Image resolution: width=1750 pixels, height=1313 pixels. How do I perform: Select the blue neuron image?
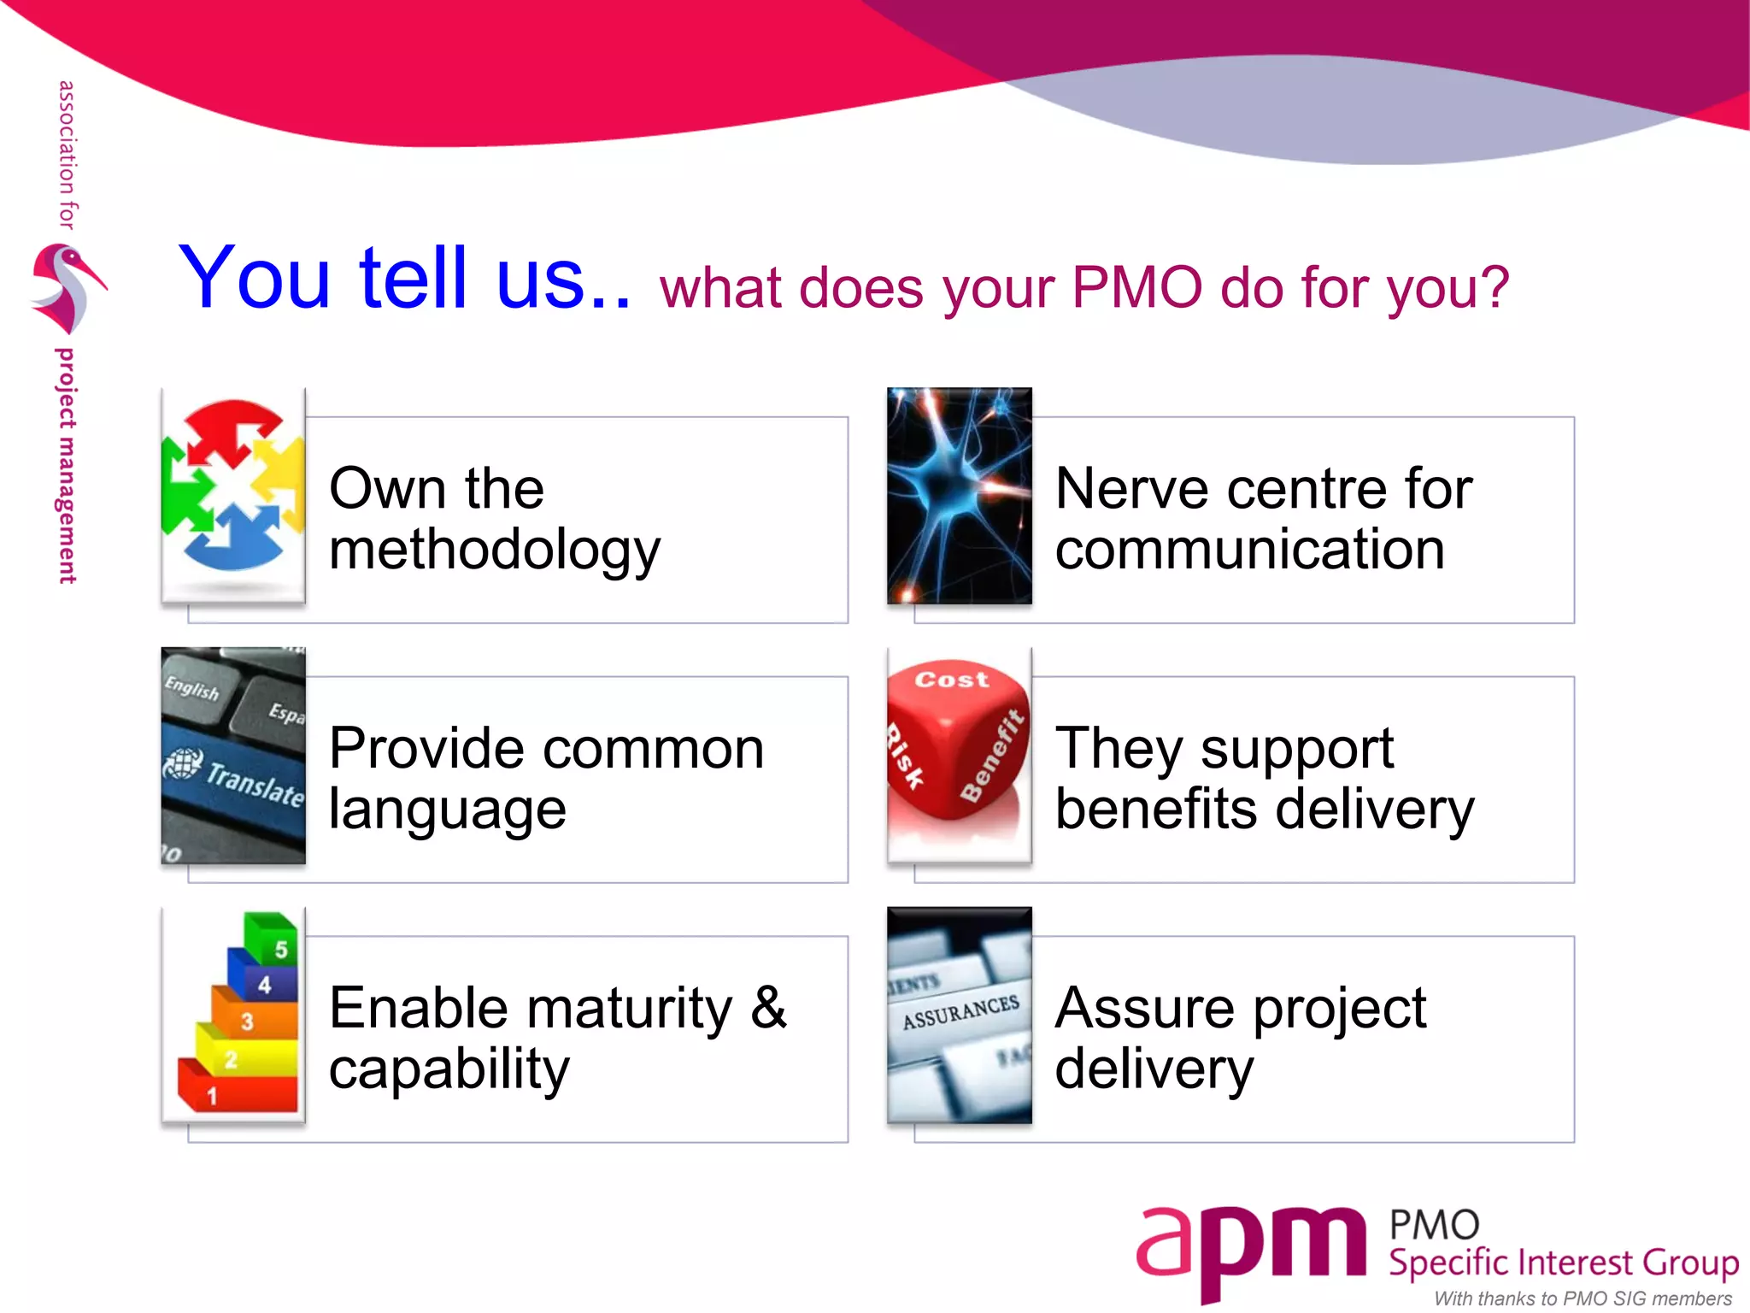point(959,496)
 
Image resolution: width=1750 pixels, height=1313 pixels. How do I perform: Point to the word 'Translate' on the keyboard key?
point(255,783)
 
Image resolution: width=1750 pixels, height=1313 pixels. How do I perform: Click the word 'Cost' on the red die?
point(951,680)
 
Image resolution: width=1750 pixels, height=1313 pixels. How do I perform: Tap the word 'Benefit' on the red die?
point(991,757)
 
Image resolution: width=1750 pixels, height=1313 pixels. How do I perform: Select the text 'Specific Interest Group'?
point(1563,1263)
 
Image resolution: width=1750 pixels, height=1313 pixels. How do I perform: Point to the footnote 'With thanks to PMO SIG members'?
point(1583,1298)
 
